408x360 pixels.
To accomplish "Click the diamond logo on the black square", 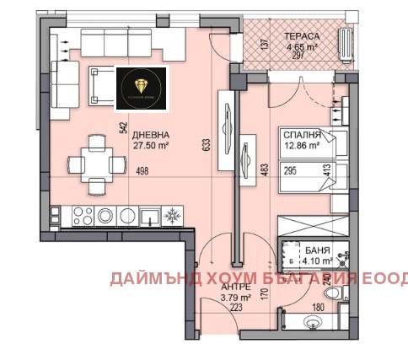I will pos(141,85).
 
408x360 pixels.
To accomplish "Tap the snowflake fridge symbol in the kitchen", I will pos(172,214).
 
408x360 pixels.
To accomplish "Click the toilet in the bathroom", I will pos(332,294).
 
